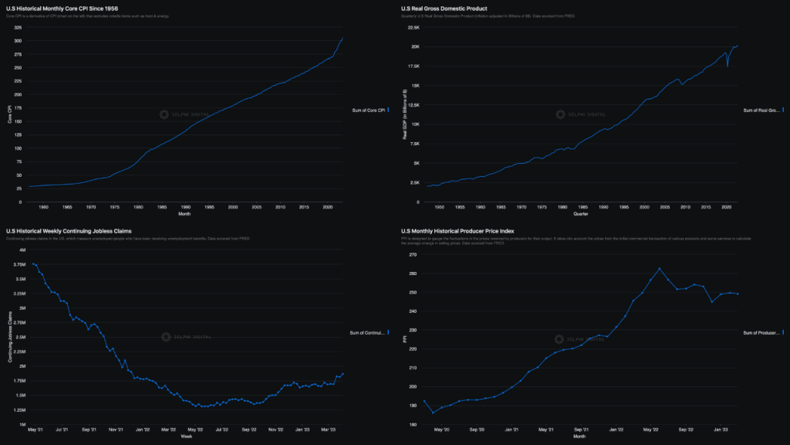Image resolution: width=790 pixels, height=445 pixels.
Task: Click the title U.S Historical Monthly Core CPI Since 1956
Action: coord(62,8)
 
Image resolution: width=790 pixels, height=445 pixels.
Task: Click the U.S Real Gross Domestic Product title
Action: coord(444,8)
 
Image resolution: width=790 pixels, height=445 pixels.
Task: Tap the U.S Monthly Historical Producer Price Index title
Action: coord(457,231)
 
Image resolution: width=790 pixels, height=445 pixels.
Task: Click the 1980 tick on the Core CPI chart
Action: coord(139,207)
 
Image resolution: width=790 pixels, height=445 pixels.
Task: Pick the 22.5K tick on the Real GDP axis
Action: coord(414,28)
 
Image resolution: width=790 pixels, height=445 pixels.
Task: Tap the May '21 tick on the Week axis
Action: coord(35,430)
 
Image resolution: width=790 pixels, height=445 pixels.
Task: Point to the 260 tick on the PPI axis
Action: coord(412,274)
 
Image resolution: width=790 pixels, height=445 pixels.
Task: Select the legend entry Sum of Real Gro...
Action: coord(761,111)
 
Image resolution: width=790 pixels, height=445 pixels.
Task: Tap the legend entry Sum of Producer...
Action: coord(761,332)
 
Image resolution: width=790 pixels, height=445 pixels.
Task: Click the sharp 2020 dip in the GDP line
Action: coord(728,66)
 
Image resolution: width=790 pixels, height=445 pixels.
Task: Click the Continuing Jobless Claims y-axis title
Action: coord(9,338)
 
